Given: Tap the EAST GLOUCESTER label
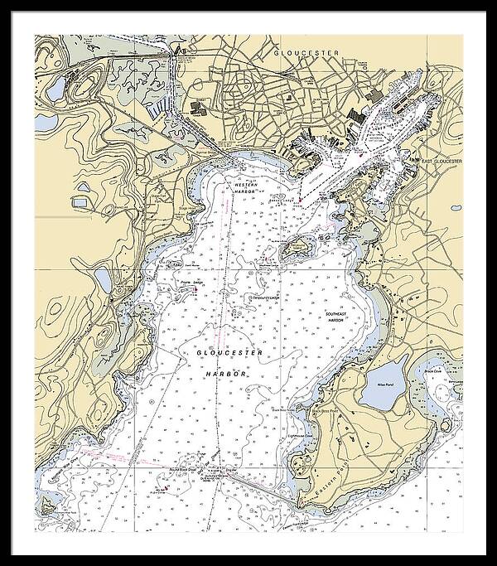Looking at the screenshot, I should click(x=440, y=162).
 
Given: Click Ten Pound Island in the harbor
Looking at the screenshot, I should click(x=295, y=246).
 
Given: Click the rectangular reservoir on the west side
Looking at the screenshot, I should click(x=80, y=201).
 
